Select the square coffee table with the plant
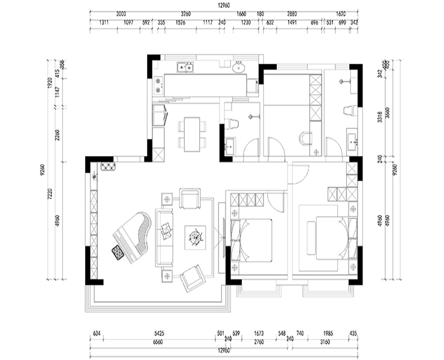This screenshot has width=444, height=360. pyautogui.click(x=194, y=237)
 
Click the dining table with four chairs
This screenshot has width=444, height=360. pyautogui.click(x=191, y=134)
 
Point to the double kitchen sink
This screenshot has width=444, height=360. pyautogui.click(x=185, y=67)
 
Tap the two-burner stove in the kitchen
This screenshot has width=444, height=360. pyautogui.click(x=158, y=86)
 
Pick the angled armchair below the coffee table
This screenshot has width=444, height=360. pyautogui.click(x=194, y=277)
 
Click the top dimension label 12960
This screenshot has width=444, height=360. pyautogui.click(x=222, y=6)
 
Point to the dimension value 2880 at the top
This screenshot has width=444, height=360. pyautogui.click(x=292, y=13)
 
